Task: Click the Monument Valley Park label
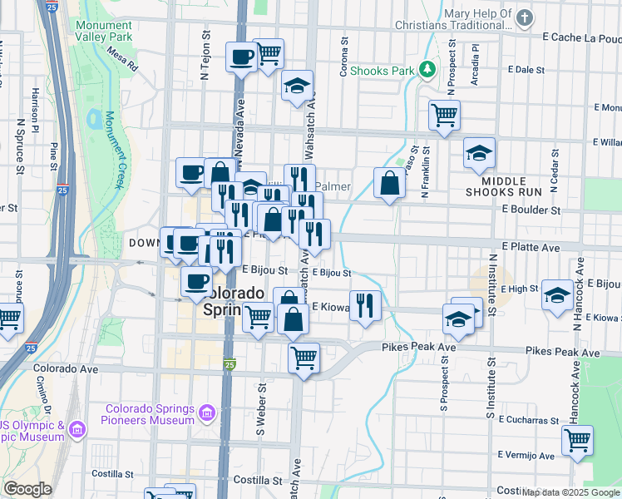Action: [x=103, y=31]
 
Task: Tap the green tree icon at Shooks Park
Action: [x=427, y=70]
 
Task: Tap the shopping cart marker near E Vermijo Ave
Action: [x=577, y=439]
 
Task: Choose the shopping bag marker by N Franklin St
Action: [x=389, y=182]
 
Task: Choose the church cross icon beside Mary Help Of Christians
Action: [x=524, y=17]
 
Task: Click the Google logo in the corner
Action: [x=27, y=489]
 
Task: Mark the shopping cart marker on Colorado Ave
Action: [x=304, y=358]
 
